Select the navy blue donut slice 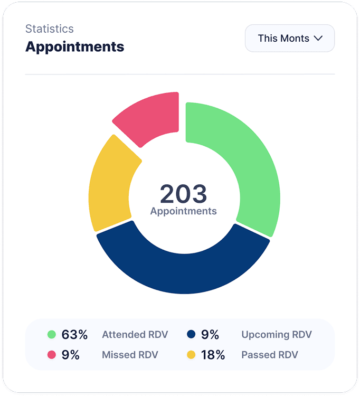pos(182,267)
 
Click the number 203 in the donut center pos(183,194)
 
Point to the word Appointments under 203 pos(183,211)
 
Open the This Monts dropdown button pos(289,38)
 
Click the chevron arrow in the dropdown pos(318,38)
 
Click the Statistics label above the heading pos(50,29)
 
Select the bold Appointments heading pos(75,46)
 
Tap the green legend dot pos(51,334)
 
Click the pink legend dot pos(51,355)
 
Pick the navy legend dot pos(191,334)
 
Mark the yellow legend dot pos(191,355)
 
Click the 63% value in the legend pos(74,334)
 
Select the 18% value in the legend pos(213,355)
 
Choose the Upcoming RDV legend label pos(277,334)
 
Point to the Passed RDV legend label pos(269,355)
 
